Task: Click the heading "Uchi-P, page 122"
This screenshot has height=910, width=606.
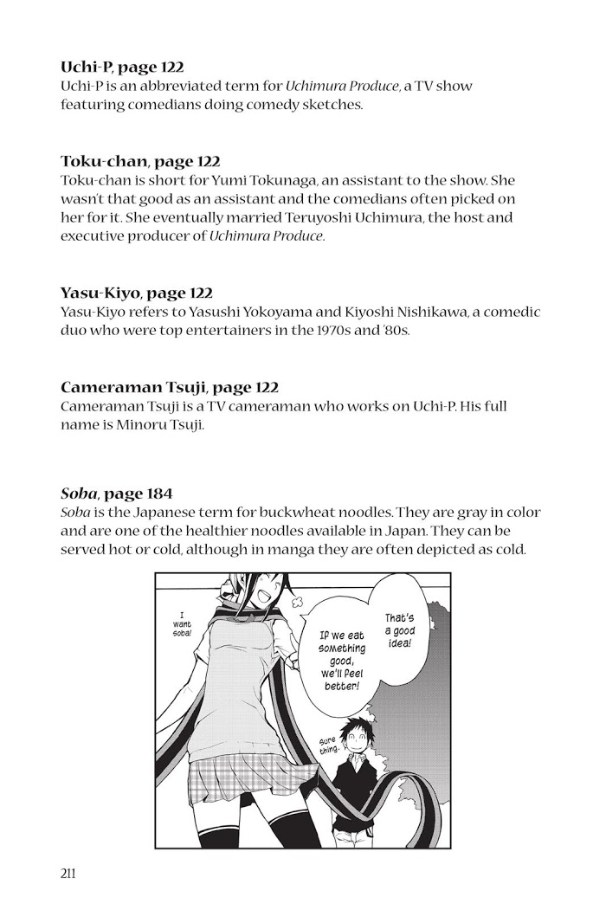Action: tap(122, 67)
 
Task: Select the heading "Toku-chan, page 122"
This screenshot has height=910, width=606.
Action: tap(140, 162)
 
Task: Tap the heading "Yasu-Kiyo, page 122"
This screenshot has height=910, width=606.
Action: tap(137, 294)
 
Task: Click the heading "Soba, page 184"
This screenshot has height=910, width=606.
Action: tap(116, 494)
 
